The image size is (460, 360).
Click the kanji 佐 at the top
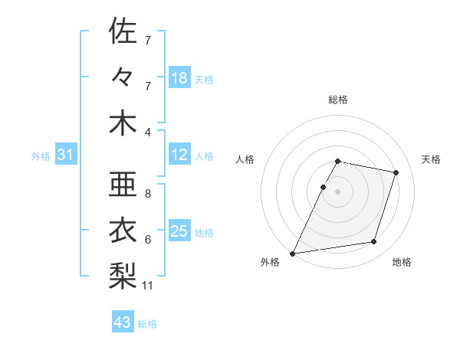(x=123, y=31)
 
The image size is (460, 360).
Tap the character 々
(x=123, y=77)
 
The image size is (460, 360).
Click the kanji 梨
(x=123, y=273)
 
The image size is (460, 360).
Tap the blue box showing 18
(x=179, y=78)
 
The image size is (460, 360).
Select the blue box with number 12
(x=179, y=155)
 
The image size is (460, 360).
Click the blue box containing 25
(x=179, y=232)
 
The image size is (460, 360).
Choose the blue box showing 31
(x=66, y=155)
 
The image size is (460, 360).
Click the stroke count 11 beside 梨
(x=148, y=286)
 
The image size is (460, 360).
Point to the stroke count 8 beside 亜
(x=148, y=194)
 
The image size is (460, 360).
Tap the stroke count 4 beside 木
(x=148, y=133)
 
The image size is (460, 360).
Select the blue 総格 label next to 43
(x=147, y=324)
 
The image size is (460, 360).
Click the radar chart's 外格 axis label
(x=270, y=262)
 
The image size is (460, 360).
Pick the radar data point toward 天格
(x=396, y=172)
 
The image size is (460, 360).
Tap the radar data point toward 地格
(x=374, y=242)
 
